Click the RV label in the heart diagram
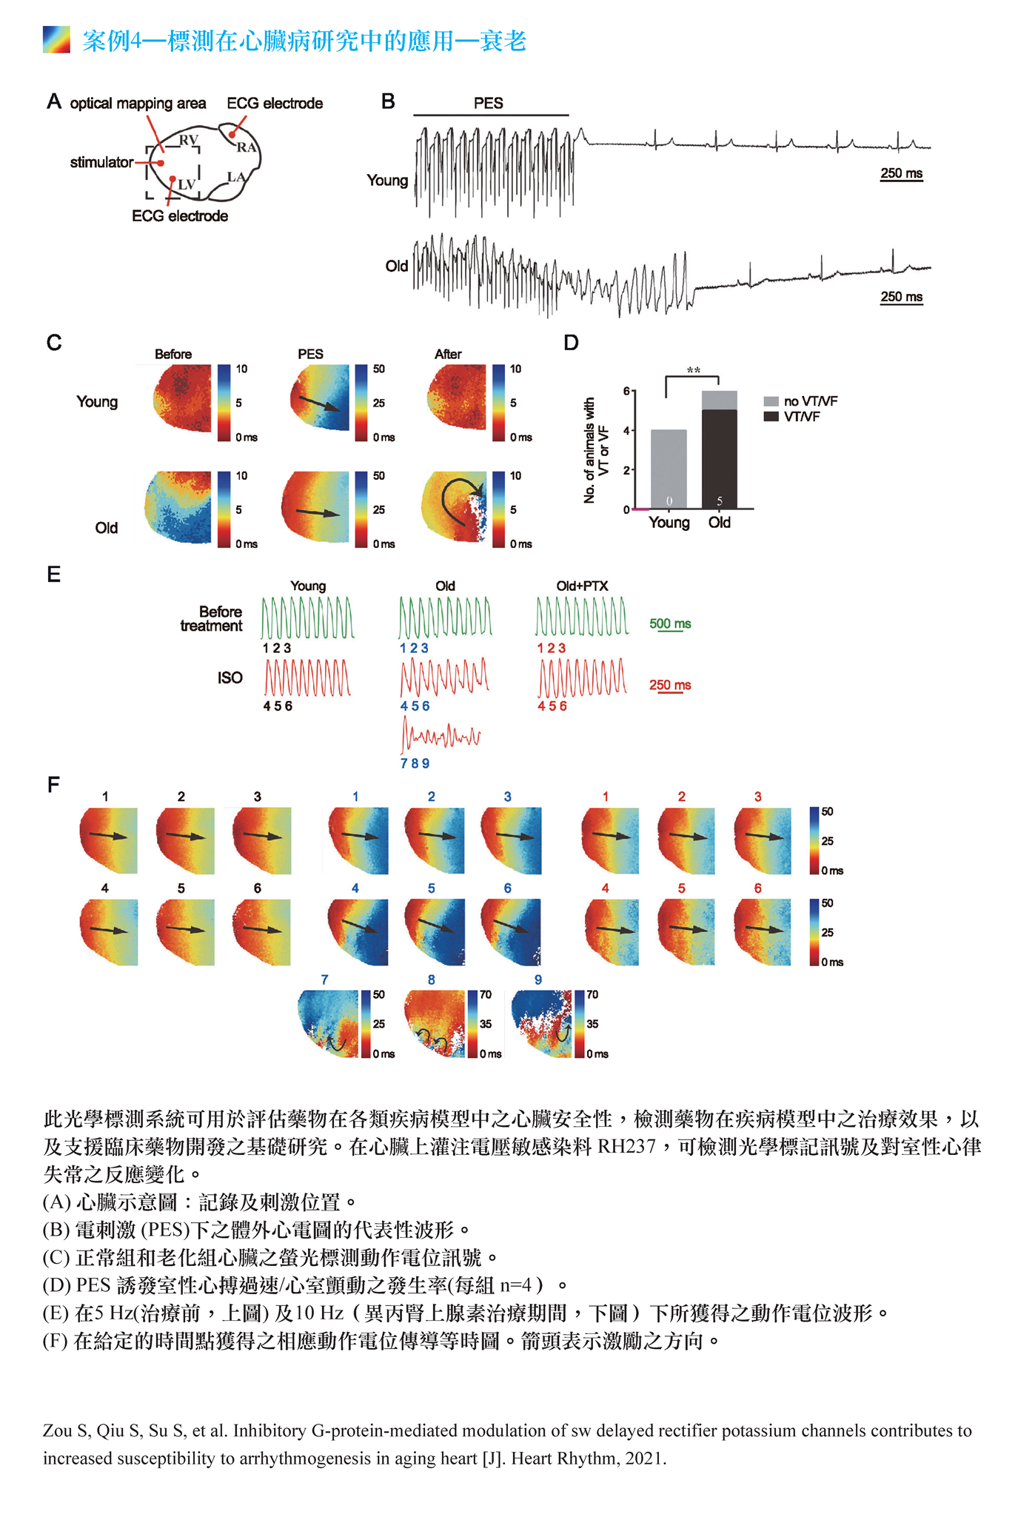pyautogui.click(x=189, y=140)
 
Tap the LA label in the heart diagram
pyautogui.click(x=236, y=177)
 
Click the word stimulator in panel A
pyautogui.click(x=101, y=162)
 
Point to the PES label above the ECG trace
pyautogui.click(x=489, y=103)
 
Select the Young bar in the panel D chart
pyautogui.click(x=669, y=469)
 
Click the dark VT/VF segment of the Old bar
pyautogui.click(x=719, y=459)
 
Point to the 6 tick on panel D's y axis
pyautogui.click(x=626, y=391)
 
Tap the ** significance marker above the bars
pyautogui.click(x=693, y=370)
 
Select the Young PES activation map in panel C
pyautogui.click(x=319, y=398)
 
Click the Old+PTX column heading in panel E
pyautogui.click(x=582, y=586)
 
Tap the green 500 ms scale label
pyautogui.click(x=670, y=623)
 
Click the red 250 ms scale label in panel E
pyautogui.click(x=670, y=685)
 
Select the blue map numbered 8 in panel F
pyautogui.click(x=434, y=1024)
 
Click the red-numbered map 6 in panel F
pyautogui.click(x=761, y=932)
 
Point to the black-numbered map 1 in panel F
pyautogui.click(x=108, y=840)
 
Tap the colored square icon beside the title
pyautogui.click(x=56, y=40)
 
